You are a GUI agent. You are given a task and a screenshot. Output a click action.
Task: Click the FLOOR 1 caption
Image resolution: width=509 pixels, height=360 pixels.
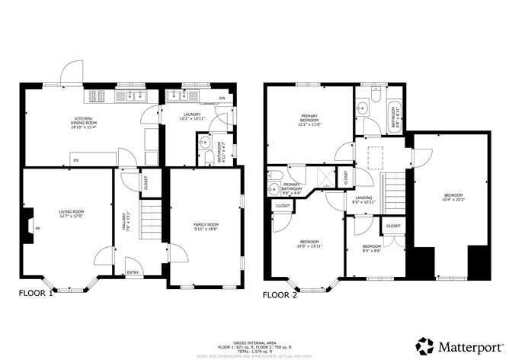tap(36, 293)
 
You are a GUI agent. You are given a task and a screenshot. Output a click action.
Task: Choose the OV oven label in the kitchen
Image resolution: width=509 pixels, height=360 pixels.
tap(75, 160)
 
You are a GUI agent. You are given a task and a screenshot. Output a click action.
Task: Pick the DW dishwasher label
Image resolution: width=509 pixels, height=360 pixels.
tap(222, 99)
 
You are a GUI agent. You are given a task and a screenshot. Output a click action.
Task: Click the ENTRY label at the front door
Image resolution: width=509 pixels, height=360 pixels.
tap(133, 273)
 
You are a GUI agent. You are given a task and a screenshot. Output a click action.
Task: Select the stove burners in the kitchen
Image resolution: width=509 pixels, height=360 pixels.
tap(98, 96)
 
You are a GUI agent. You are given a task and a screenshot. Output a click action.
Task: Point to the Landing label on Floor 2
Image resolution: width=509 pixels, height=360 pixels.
tap(364, 201)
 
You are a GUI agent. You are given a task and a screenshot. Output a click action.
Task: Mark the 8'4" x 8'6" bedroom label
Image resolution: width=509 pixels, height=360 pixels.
tap(371, 248)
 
